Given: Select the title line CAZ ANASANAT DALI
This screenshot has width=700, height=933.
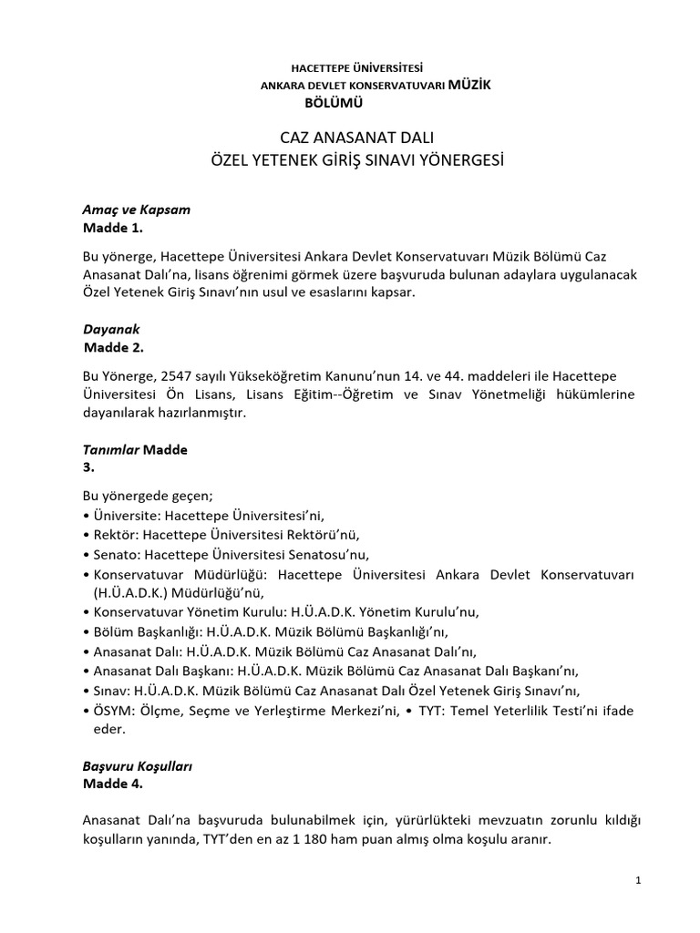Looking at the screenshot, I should tap(349, 138).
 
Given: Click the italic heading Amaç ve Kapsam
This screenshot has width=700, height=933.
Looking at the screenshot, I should tap(137, 209).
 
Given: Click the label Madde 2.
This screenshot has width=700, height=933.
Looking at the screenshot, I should tap(114, 347).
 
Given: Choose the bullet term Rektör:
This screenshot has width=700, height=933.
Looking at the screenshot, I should tap(116, 535).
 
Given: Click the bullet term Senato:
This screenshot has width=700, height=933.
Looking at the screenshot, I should tap(117, 554).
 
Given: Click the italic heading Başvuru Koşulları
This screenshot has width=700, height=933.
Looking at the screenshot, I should tap(138, 766).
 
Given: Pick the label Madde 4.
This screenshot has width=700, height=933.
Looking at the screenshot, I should tap(113, 784).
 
